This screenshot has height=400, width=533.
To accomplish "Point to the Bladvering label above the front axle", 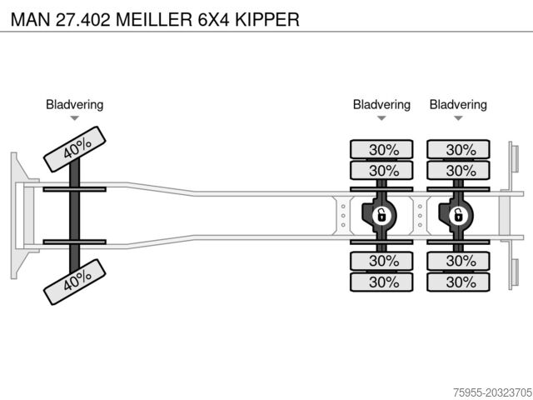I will [74, 105].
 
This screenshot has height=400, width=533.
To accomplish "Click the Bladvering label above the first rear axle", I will [381, 105].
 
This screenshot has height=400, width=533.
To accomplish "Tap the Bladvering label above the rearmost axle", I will [458, 105].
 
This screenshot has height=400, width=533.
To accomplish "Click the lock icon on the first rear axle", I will [381, 216].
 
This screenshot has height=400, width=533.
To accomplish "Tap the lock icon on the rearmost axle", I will [457, 216].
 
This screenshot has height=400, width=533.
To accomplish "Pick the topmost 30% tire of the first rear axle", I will [381, 150].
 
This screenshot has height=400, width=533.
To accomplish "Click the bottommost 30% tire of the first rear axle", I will [381, 282].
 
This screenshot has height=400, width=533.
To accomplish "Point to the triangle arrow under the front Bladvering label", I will [74, 118].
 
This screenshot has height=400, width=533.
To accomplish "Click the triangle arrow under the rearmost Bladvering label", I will [458, 118].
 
